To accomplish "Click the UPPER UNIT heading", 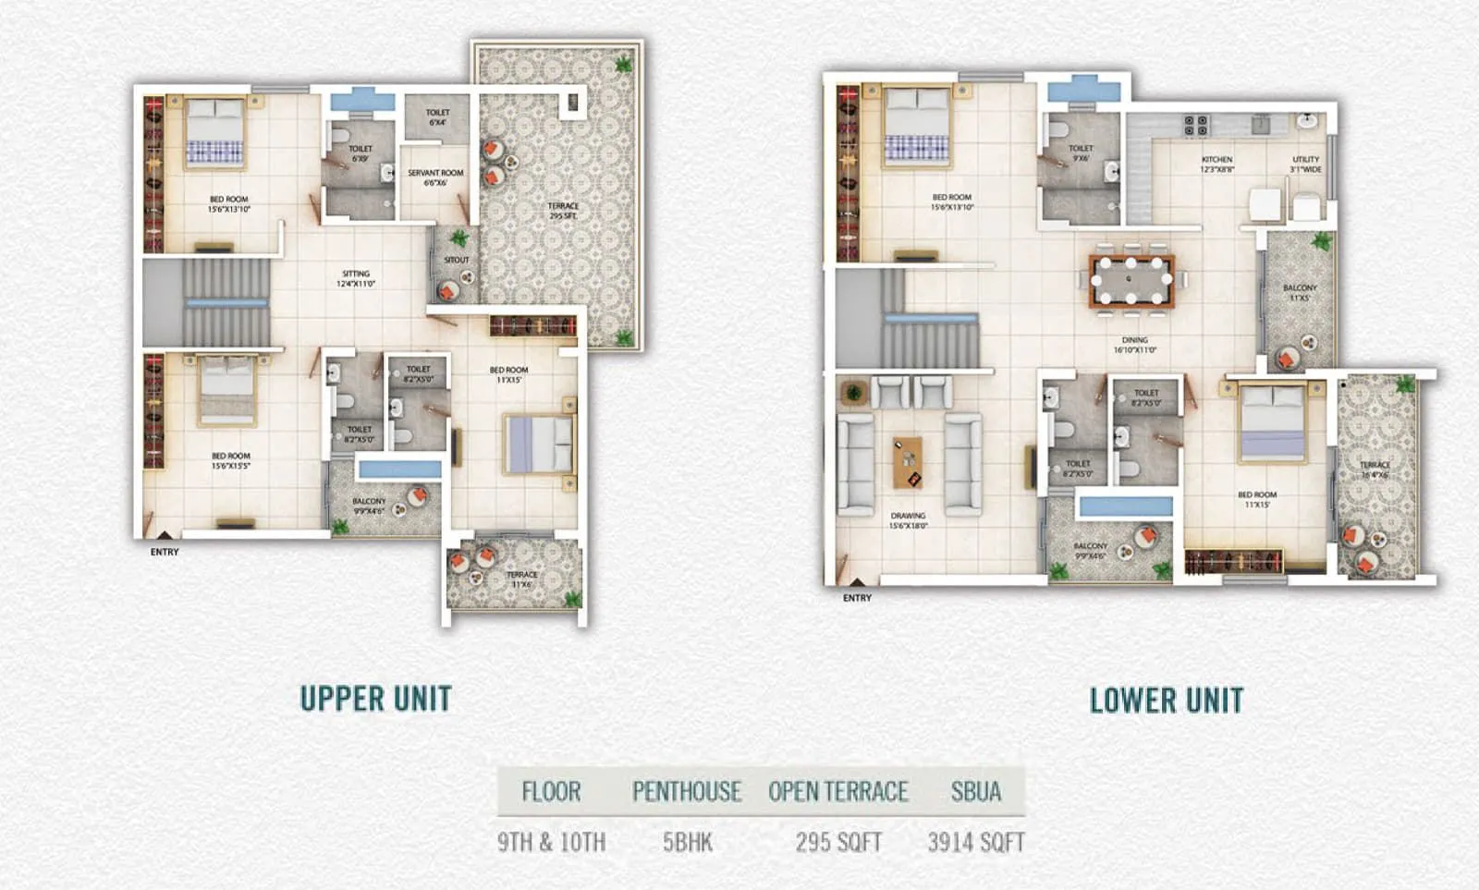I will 375,699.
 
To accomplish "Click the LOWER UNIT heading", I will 1166,701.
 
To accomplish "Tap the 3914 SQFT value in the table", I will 975,842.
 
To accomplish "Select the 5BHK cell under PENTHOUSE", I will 687,842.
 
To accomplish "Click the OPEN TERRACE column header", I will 837,791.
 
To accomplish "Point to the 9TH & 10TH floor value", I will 551,842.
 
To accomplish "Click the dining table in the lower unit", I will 1131,280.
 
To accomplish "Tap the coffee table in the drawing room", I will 908,462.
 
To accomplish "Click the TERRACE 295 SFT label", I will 563,211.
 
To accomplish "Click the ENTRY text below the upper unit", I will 165,552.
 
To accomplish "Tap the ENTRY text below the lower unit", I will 857,598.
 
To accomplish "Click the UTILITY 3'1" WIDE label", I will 1305,165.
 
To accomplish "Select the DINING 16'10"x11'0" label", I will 1134,345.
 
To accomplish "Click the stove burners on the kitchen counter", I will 1195,125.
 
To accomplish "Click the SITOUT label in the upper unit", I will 456,260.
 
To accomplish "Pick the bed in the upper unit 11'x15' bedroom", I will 538,445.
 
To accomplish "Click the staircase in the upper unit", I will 226,302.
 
